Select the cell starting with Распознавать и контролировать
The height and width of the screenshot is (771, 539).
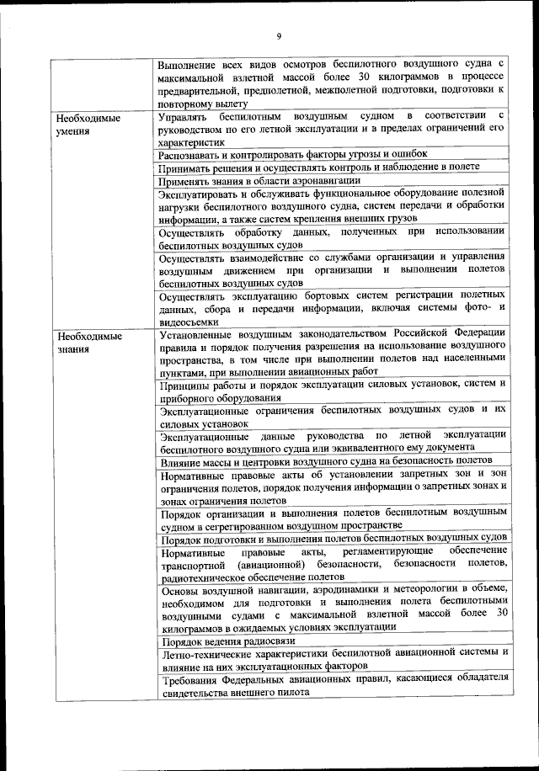pyautogui.click(x=292, y=154)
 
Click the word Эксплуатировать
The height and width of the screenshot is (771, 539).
pyautogui.click(x=200, y=194)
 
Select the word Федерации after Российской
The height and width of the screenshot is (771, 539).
pyautogui.click(x=473, y=336)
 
